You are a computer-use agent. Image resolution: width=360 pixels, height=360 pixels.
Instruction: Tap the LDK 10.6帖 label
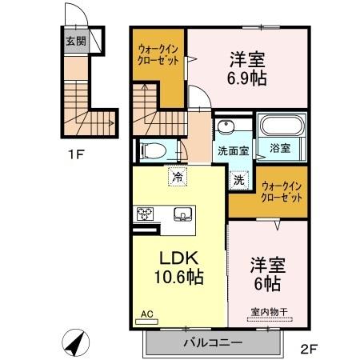(x=177, y=269)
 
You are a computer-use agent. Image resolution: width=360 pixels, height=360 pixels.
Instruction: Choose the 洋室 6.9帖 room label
(x=247, y=69)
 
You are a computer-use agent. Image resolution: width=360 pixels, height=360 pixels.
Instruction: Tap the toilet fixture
(x=151, y=150)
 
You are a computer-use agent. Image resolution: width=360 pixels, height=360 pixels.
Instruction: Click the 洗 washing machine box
(x=239, y=179)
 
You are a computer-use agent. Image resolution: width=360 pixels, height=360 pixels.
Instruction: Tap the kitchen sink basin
(x=181, y=214)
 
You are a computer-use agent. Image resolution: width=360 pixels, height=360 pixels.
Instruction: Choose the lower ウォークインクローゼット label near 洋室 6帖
(x=282, y=191)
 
